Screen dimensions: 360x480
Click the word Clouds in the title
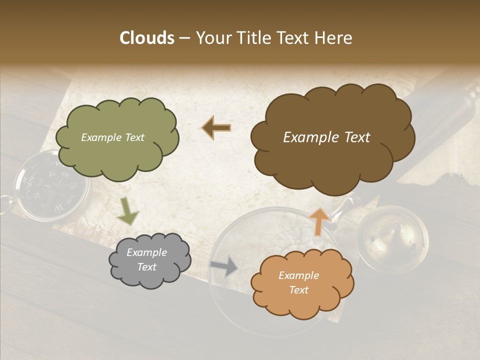[147, 38]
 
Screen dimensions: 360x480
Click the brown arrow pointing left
[216, 128]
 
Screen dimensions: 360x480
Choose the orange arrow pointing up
[319, 221]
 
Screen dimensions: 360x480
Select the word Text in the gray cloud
[147, 267]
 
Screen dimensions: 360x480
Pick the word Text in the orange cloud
[298, 290]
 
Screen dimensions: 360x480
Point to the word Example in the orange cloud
[298, 275]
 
